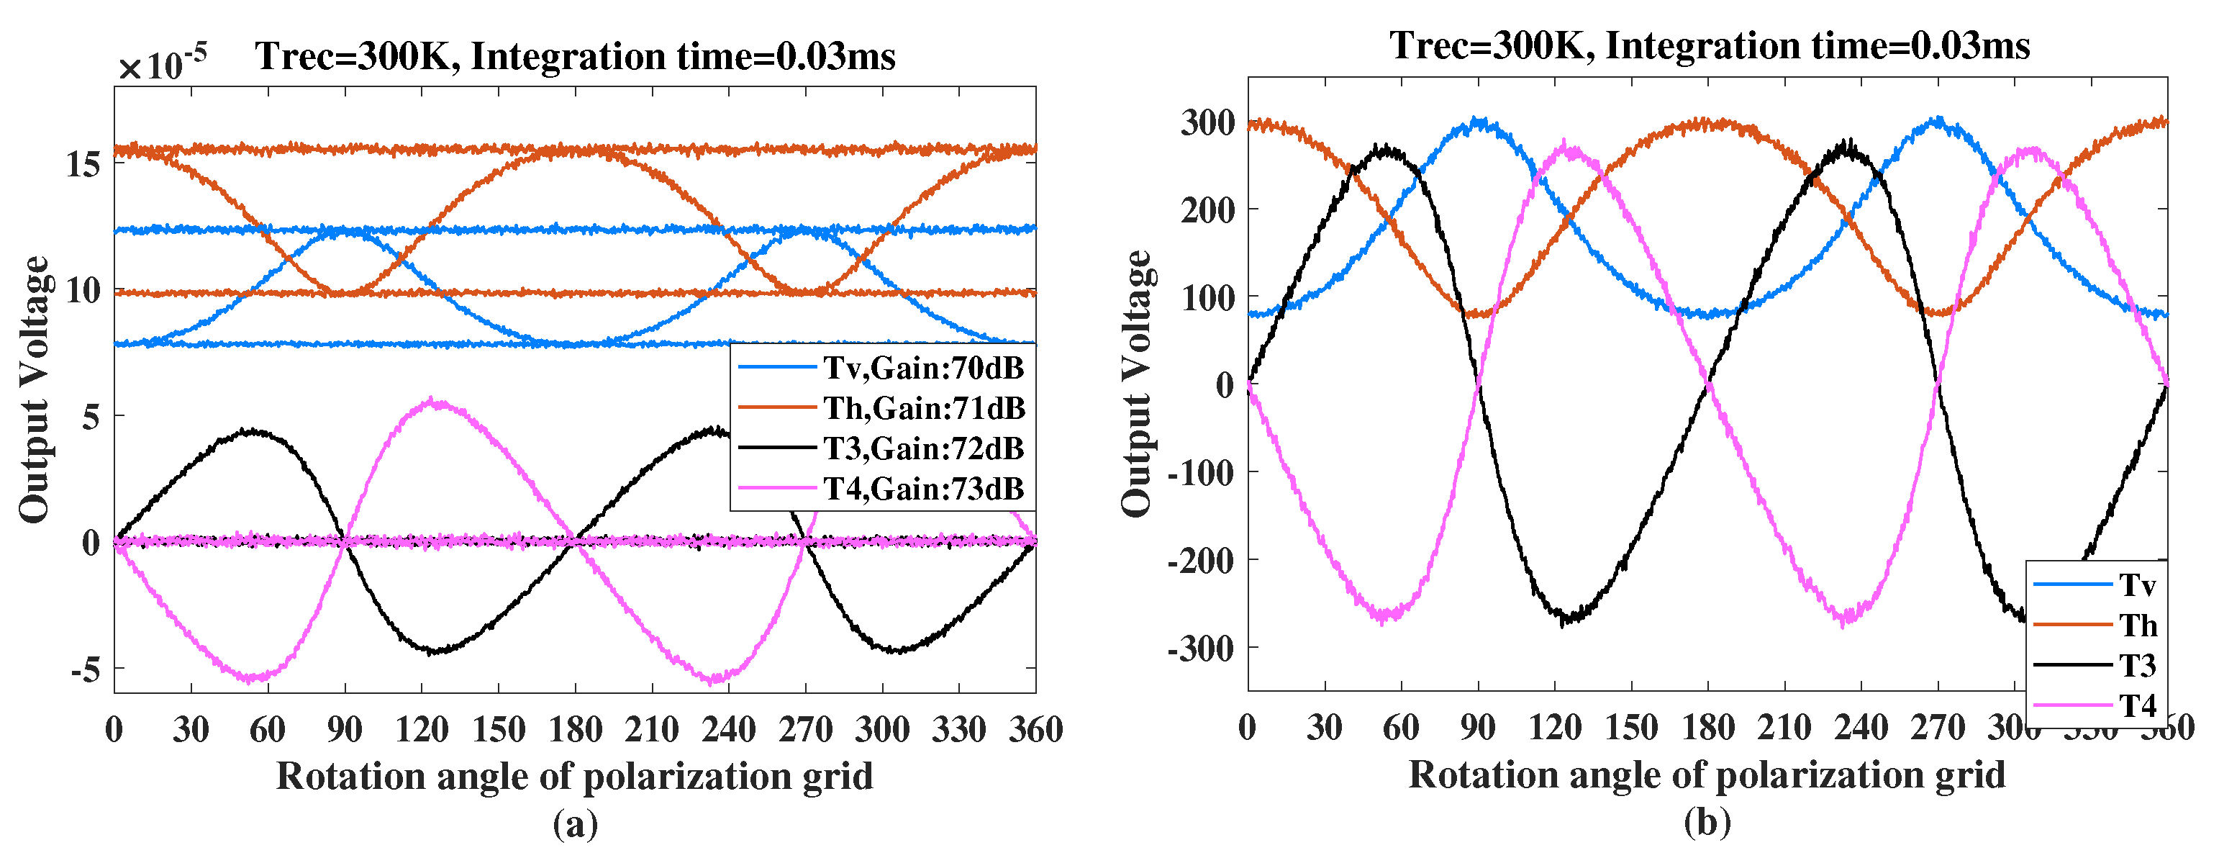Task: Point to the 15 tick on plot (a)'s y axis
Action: pos(83,163)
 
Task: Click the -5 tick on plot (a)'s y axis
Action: pos(86,669)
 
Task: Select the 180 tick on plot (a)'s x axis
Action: pos(576,730)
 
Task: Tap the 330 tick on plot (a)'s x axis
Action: pos(958,730)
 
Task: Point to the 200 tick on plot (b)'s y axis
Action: pos(1207,209)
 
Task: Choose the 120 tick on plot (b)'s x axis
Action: pos(1555,728)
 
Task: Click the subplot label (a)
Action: pos(576,824)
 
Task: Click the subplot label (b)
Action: pos(1707,823)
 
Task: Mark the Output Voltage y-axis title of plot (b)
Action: pos(1137,384)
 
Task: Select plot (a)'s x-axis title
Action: pos(575,776)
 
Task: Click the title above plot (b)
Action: pos(1710,45)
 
